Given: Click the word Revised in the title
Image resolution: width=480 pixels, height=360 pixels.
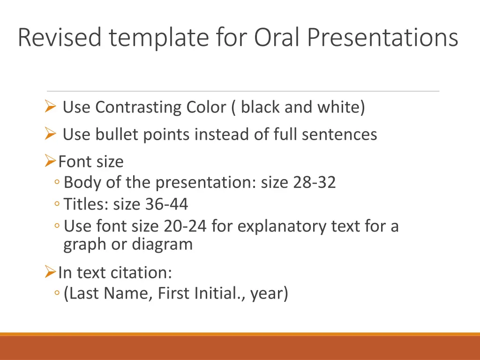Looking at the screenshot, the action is tap(60, 37).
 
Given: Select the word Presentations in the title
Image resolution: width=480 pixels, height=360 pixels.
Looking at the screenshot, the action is tap(382, 37).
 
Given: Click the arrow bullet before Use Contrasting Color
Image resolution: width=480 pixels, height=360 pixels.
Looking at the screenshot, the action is tap(50, 106).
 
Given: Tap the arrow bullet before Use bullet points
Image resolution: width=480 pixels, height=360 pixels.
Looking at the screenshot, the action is tap(50, 134).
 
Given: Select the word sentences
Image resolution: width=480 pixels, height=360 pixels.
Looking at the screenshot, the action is tap(339, 135).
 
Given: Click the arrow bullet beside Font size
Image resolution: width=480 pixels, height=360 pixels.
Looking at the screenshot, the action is tap(50, 161).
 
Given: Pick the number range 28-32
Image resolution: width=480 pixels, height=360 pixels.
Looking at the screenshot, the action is tap(315, 182).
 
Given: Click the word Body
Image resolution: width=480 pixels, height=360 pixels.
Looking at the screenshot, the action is tap(82, 182).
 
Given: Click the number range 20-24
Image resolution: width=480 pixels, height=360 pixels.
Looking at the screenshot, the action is tap(185, 226).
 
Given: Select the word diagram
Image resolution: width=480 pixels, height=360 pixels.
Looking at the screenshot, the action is tap(162, 245).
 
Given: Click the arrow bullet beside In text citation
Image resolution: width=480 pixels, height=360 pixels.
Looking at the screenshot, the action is tap(50, 271).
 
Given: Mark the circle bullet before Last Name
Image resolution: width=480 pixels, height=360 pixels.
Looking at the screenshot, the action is tap(57, 293).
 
